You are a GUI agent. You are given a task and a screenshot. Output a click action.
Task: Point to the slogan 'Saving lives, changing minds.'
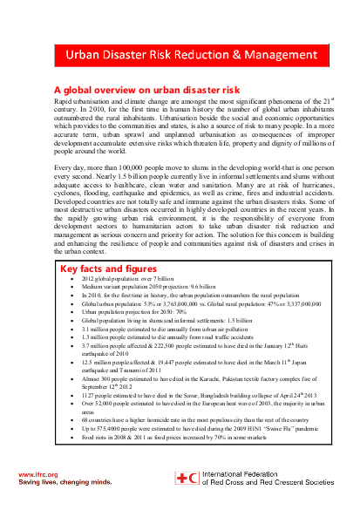pyautogui.click(x=65, y=480)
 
